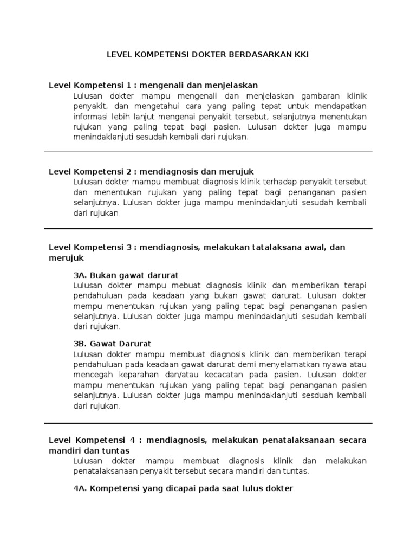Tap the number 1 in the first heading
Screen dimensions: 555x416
pos(128,85)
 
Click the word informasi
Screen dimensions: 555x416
pos(92,117)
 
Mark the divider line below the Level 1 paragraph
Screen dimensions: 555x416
pos(208,151)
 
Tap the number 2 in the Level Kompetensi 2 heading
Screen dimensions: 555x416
pos(128,171)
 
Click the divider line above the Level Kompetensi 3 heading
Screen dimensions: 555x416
pos(208,228)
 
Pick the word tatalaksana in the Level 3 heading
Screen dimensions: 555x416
pos(273,247)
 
